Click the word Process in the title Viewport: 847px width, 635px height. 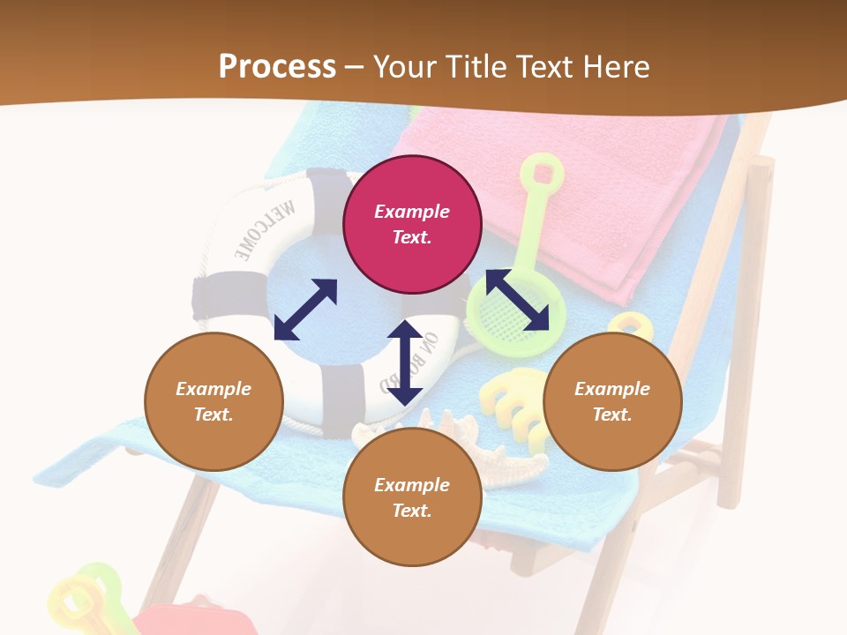point(277,67)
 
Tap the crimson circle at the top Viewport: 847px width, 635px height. point(412,224)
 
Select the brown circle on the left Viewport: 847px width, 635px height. point(214,401)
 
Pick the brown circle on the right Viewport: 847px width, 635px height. point(612,401)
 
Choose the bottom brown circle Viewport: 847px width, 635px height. point(412,497)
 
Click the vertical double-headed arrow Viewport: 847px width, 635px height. point(405,362)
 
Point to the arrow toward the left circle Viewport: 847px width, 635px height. point(305,310)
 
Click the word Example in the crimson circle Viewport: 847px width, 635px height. point(412,212)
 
